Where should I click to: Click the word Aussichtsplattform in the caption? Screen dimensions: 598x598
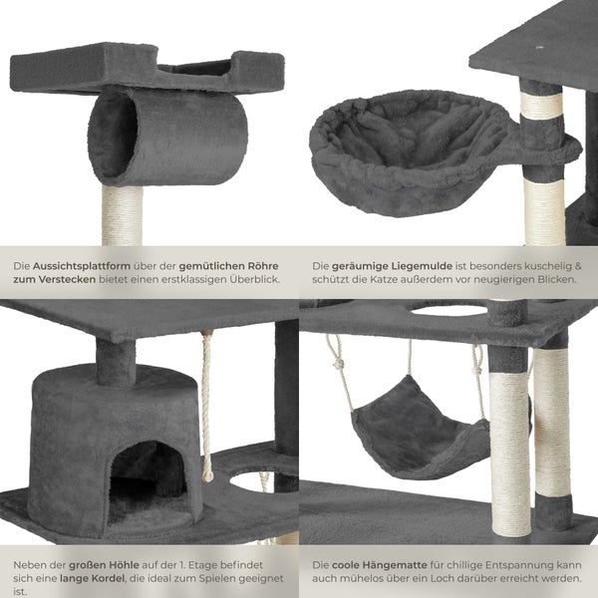click(82, 266)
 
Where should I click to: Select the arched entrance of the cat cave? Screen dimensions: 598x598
click(148, 482)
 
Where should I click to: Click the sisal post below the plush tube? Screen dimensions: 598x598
click(122, 215)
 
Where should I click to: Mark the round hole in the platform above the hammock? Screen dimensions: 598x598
click(448, 310)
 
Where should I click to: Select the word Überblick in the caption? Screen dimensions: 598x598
click(254, 279)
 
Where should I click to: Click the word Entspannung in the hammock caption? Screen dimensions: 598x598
click(517, 565)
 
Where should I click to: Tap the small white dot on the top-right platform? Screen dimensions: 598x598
click(539, 48)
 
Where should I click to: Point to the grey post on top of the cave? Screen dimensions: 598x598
click(116, 362)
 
